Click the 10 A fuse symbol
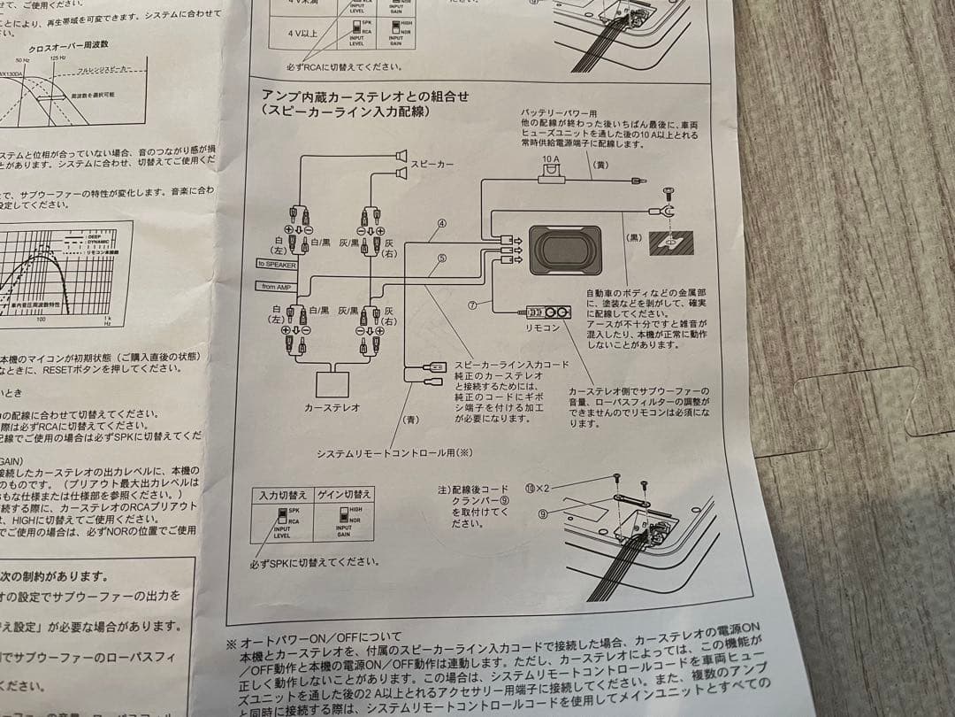click(550, 178)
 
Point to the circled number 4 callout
click(441, 226)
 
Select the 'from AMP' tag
click(276, 286)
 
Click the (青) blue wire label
click(410, 419)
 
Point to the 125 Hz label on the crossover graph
click(57, 58)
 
